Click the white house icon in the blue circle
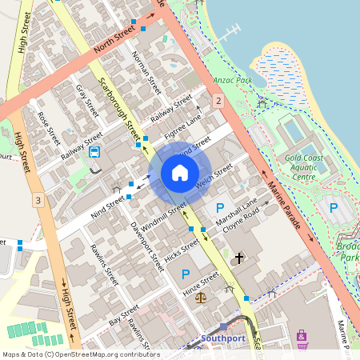click(179, 173)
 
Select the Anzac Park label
click(233, 81)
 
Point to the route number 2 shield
click(218, 100)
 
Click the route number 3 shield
click(37, 199)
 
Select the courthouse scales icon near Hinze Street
click(200, 296)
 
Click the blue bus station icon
click(95, 152)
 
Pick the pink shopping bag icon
click(302, 336)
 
